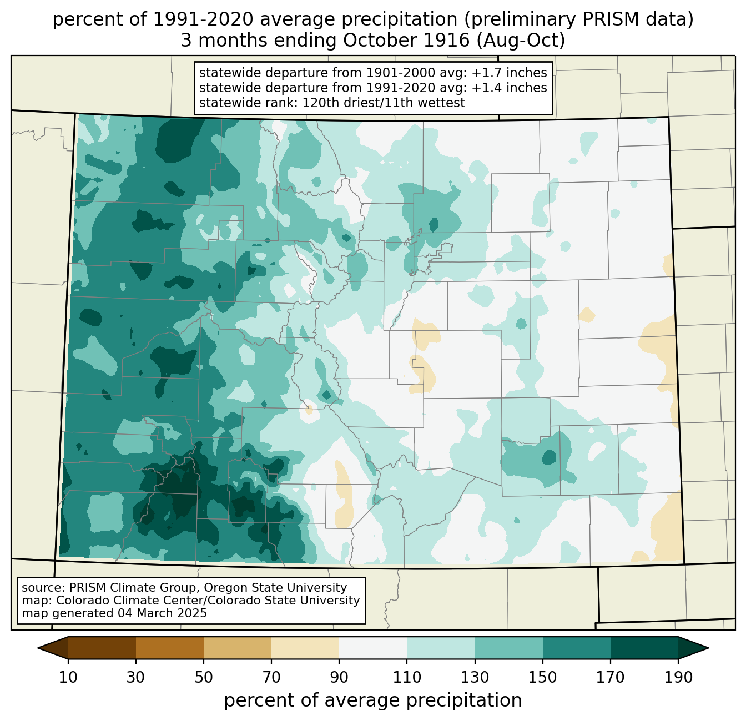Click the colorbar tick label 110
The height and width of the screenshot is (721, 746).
[407, 677]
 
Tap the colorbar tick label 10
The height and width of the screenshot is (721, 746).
[68, 677]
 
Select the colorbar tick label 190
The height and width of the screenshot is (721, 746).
[678, 677]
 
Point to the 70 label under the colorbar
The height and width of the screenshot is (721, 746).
[271, 677]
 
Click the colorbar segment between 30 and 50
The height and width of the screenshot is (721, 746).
[169, 648]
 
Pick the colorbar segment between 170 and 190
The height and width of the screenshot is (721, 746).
[644, 648]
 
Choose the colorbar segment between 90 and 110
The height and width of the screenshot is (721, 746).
[373, 648]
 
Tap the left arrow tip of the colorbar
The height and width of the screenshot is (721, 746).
[38, 648]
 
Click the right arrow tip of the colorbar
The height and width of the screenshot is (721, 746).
[708, 648]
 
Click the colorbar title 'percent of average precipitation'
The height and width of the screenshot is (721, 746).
[372, 700]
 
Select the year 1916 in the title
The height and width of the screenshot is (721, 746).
[448, 41]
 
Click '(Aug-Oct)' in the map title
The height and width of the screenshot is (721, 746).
[521, 41]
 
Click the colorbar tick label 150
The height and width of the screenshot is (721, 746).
[542, 677]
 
